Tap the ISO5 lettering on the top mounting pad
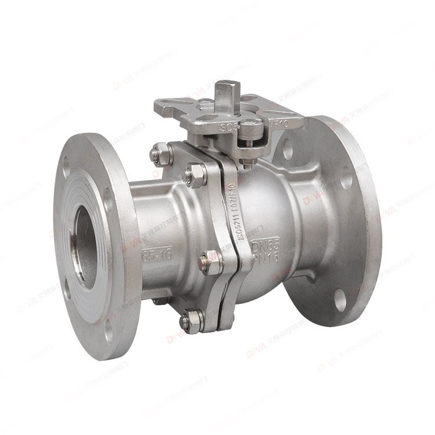[x=228, y=126]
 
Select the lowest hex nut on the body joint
[x=191, y=320]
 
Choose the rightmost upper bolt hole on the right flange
[x=346, y=181]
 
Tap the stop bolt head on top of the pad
[x=249, y=124]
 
